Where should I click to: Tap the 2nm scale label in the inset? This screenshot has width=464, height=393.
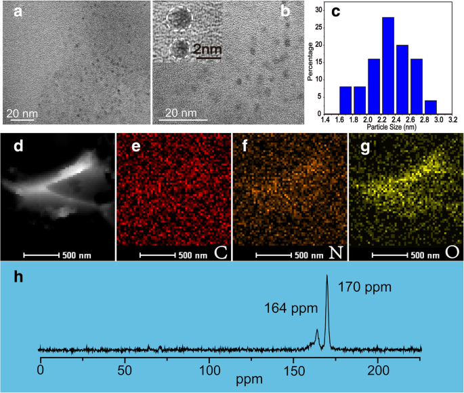[207, 49]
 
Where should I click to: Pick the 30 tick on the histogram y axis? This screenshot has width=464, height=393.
[321, 11]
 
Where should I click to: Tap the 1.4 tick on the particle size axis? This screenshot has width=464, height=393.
[326, 120]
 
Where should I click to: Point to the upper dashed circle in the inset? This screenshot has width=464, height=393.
[178, 20]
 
